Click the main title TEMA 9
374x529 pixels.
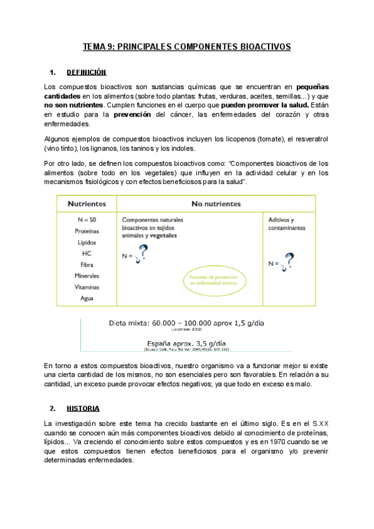[187, 47]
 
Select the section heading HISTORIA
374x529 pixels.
[82, 408]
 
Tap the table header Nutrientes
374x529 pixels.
[86, 204]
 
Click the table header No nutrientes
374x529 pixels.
[216, 204]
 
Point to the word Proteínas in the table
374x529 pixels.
[87, 231]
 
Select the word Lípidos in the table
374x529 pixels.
[87, 242]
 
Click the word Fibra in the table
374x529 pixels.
[87, 264]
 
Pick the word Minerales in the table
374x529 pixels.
[87, 276]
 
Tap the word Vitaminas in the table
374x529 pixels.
[87, 287]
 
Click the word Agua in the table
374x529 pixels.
[87, 298]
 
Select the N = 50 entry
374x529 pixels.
[87, 220]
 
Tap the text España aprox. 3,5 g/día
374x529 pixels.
[186, 342]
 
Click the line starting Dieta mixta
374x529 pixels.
[186, 324]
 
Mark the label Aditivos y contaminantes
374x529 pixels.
[287, 224]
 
